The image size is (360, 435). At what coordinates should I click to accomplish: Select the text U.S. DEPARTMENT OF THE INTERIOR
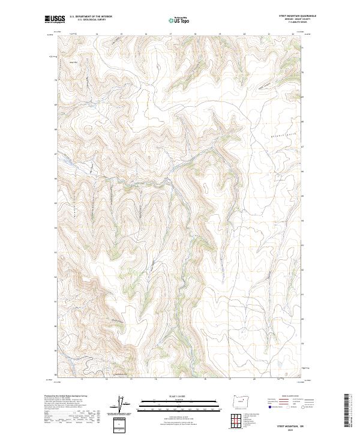click(x=91, y=17)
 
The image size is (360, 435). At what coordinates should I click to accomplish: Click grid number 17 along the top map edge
click(x=171, y=35)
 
